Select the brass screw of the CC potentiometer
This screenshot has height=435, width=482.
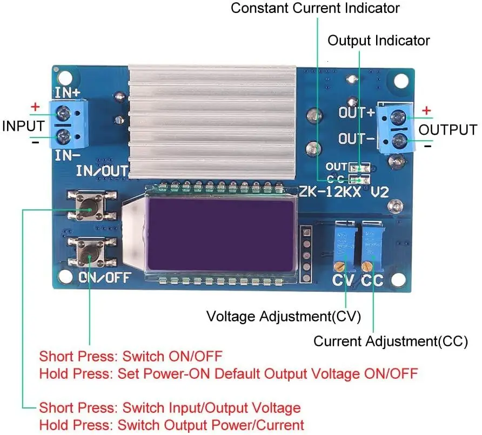pyautogui.click(x=369, y=266)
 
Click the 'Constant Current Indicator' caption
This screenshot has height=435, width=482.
pyautogui.click(x=316, y=9)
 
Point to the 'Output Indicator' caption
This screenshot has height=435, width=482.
pyautogui.click(x=379, y=41)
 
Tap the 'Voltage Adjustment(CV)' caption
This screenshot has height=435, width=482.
pyautogui.click(x=284, y=316)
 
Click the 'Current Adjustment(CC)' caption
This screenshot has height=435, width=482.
pyautogui.click(x=391, y=341)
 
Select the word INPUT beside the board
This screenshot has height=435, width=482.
pyautogui.click(x=23, y=126)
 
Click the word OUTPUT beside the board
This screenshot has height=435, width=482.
pyautogui.click(x=448, y=130)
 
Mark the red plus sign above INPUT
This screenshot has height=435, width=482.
pyautogui.click(x=35, y=107)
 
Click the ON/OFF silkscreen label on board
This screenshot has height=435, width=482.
pyautogui.click(x=105, y=278)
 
